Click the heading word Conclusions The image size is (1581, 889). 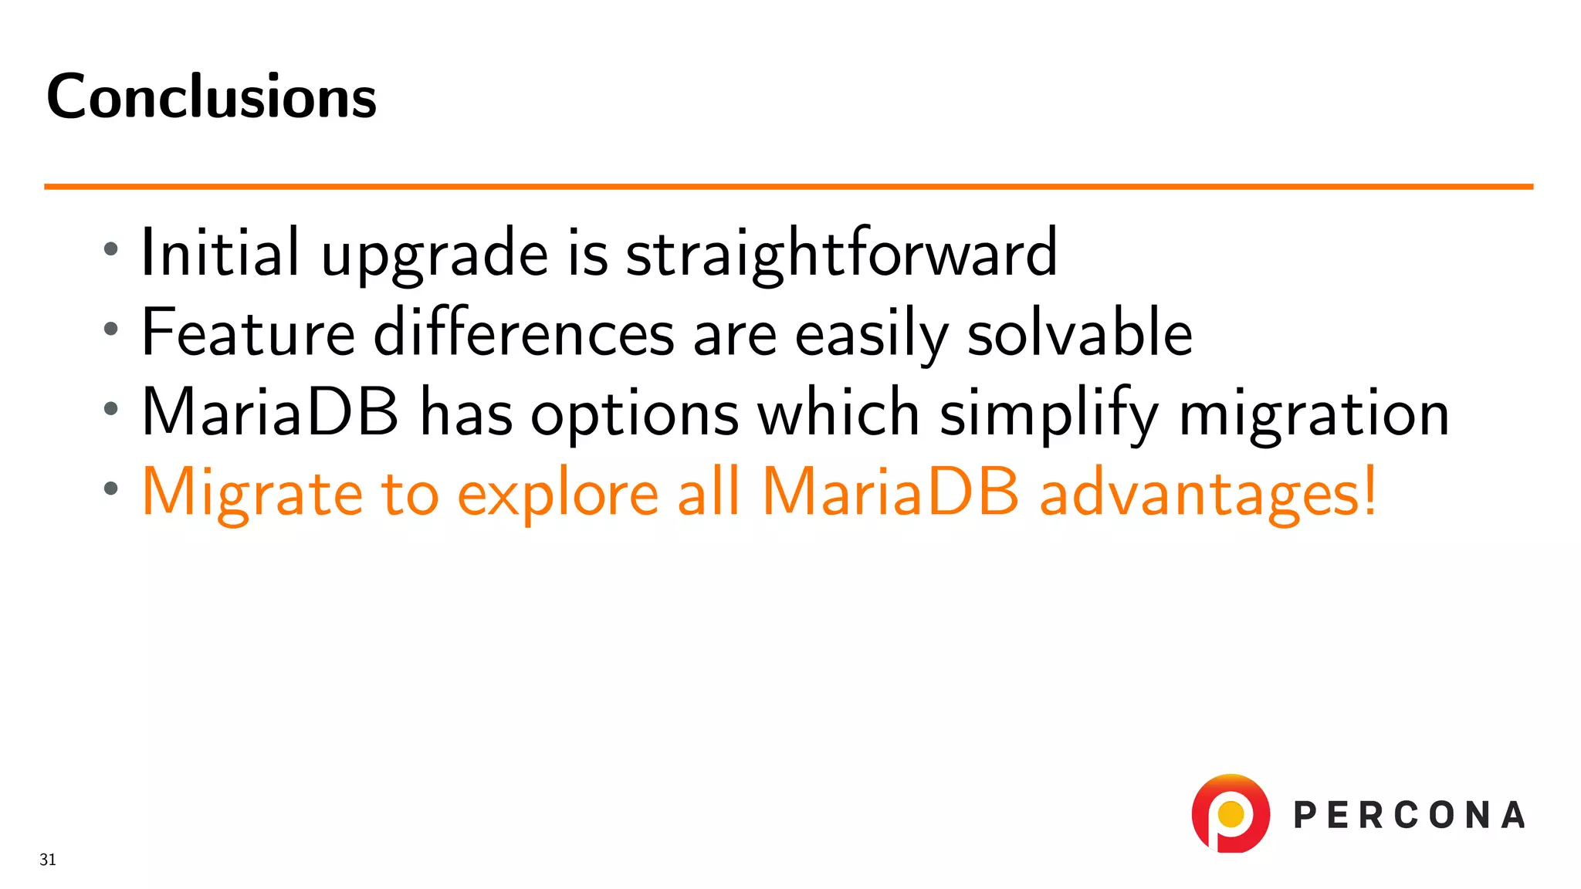tap(212, 96)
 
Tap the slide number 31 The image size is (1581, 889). tap(48, 860)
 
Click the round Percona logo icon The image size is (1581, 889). tap(1231, 813)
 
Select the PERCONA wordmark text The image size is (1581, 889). tap(1409, 816)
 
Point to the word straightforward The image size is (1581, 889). tap(841, 253)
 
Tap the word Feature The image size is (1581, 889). tap(248, 333)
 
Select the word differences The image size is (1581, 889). tap(524, 333)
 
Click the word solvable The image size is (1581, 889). tap(1079, 333)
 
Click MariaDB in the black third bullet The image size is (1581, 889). tap(270, 413)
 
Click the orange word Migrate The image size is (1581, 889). tap(252, 494)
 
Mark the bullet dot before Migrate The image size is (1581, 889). tap(111, 488)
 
